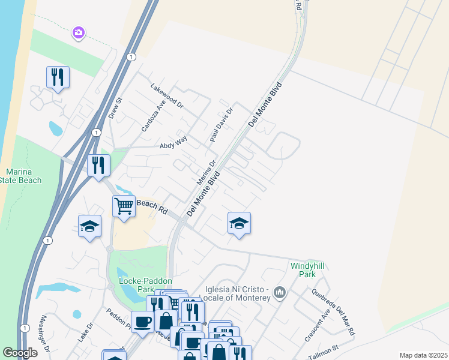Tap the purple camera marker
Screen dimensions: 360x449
pyautogui.click(x=78, y=32)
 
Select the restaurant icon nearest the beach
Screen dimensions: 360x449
pyautogui.click(x=58, y=78)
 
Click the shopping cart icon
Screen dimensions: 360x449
pyautogui.click(x=124, y=206)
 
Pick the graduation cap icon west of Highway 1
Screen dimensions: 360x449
pyautogui.click(x=89, y=226)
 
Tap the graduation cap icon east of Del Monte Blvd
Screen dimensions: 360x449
pyautogui.click(x=239, y=223)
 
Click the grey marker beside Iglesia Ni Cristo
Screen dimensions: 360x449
pyautogui.click(x=279, y=292)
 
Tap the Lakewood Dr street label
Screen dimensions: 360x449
pyautogui.click(x=166, y=94)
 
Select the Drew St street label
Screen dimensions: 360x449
pyautogui.click(x=115, y=107)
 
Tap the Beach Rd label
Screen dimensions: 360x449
pyautogui.click(x=151, y=208)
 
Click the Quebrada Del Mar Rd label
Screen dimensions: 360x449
pyautogui.click(x=333, y=313)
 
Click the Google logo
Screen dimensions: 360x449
pyautogui.click(x=20, y=353)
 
